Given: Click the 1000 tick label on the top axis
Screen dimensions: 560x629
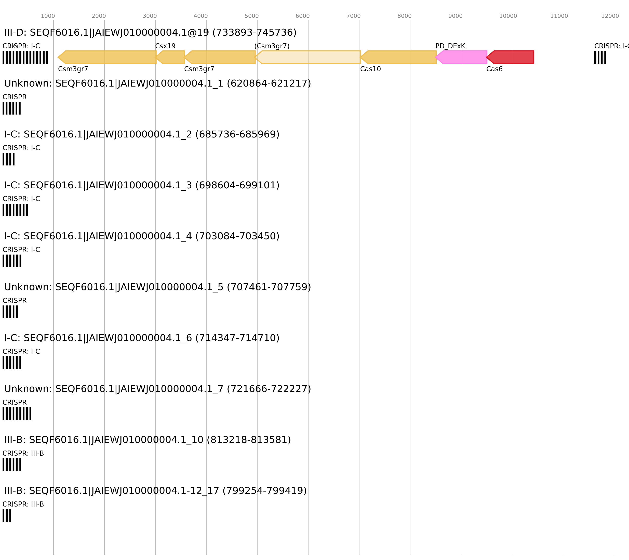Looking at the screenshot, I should pos(48,16).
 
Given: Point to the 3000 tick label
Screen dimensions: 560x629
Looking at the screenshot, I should pos(150,16).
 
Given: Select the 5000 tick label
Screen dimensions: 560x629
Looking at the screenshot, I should pos(251,16).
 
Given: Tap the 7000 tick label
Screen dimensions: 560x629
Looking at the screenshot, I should pos(353,16).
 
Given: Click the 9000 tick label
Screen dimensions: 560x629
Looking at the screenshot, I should pos(455,16).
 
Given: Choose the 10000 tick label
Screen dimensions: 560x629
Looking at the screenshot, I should pos(508,16).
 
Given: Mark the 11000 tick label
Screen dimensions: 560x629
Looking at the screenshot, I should pos(559,16).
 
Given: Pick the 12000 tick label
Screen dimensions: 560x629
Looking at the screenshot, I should pos(610,16).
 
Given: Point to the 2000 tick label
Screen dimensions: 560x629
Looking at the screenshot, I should pos(99,16).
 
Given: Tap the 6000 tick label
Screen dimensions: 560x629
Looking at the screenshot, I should pos(303,16).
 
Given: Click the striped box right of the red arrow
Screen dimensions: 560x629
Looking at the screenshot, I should pos(600,57).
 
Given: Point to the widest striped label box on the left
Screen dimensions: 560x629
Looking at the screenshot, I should pos(25,57).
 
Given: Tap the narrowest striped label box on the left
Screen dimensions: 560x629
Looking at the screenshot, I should pos(7,515).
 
